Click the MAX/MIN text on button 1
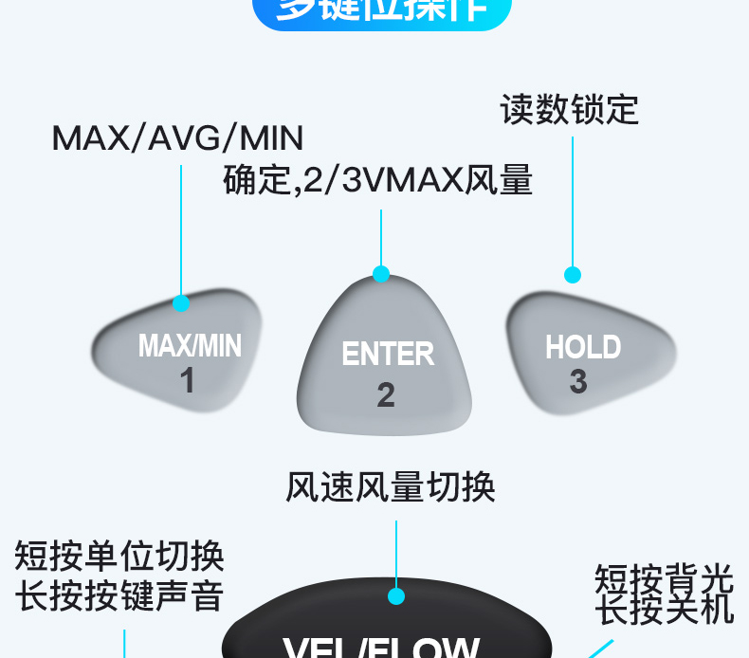(x=190, y=345)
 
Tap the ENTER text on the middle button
(x=388, y=354)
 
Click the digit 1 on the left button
(x=188, y=380)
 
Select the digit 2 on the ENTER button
(x=386, y=394)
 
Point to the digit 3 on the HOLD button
(x=578, y=381)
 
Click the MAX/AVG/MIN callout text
(x=177, y=138)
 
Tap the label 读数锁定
(x=570, y=110)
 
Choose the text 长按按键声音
(x=119, y=596)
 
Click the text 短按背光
(x=664, y=576)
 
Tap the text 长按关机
(x=664, y=610)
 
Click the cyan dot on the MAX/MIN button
(x=181, y=303)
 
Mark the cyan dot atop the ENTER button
(x=381, y=274)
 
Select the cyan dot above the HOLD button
(x=573, y=275)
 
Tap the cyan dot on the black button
(x=396, y=596)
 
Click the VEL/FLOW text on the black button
(x=381, y=647)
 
